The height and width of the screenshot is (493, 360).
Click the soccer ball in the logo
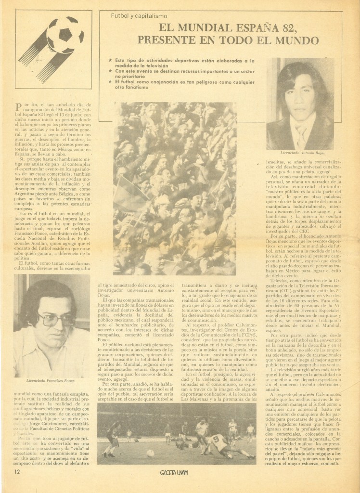tap(65, 35)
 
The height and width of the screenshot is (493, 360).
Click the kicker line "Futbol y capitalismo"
tap(136, 16)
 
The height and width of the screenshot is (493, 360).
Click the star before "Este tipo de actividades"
tap(111, 60)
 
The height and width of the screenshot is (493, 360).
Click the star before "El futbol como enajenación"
tap(111, 82)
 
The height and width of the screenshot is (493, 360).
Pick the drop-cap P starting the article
tap(19, 105)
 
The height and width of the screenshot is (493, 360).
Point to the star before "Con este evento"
tap(111, 71)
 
